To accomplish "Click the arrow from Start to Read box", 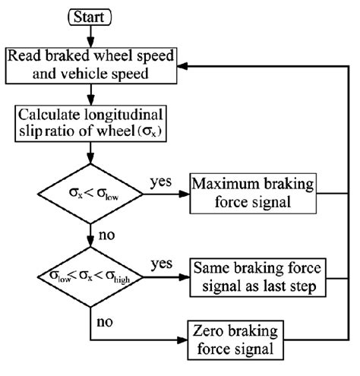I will (90, 33).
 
